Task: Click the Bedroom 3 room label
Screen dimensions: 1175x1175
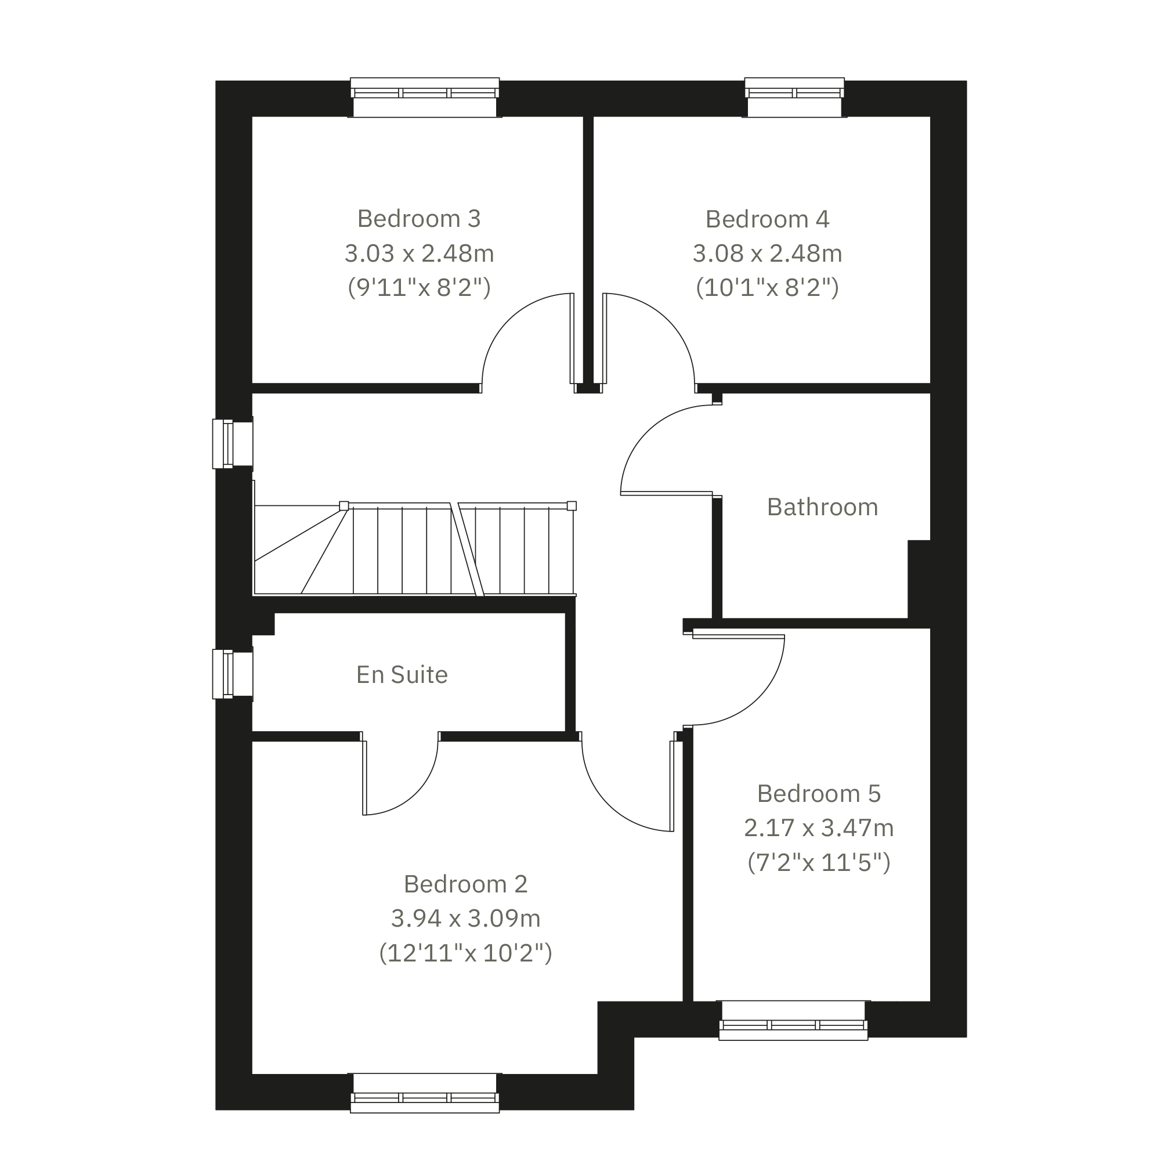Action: pyautogui.click(x=419, y=219)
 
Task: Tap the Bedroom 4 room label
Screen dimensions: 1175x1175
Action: pyautogui.click(x=768, y=219)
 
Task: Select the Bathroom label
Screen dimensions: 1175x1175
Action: pyautogui.click(x=822, y=507)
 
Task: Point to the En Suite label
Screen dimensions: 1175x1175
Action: pyautogui.click(x=402, y=675)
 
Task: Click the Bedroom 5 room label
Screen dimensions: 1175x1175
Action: pyautogui.click(x=819, y=794)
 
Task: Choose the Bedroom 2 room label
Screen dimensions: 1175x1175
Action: pyautogui.click(x=466, y=884)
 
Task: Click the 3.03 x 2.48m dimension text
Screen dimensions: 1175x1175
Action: pyautogui.click(x=419, y=253)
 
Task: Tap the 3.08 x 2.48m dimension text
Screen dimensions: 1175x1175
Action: pyautogui.click(x=768, y=253)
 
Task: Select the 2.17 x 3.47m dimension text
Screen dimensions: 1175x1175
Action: pyautogui.click(x=819, y=828)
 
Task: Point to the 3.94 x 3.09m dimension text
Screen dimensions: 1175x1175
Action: pyautogui.click(x=466, y=919)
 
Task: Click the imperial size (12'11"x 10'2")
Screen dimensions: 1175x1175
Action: pyautogui.click(x=466, y=952)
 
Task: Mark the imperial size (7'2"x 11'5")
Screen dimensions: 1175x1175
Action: pyautogui.click(x=819, y=862)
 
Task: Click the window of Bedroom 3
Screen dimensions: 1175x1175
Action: pyautogui.click(x=425, y=97)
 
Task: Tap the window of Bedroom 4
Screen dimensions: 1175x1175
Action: pyautogui.click(x=794, y=97)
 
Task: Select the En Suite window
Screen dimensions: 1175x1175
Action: pyautogui.click(x=233, y=674)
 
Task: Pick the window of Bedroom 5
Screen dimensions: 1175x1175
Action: pyautogui.click(x=793, y=1021)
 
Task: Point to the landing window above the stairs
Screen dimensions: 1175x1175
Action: pyautogui.click(x=233, y=444)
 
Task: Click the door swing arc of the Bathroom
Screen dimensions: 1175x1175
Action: pyautogui.click(x=647, y=432)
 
